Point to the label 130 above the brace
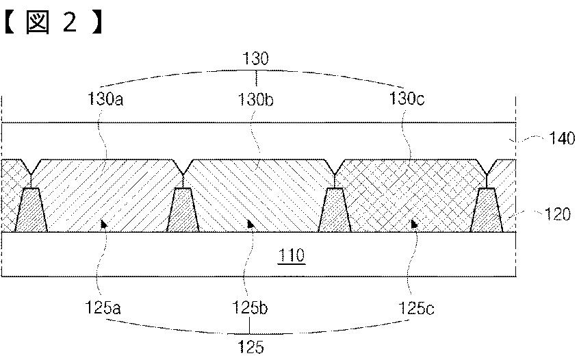tap(256, 60)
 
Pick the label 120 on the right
tap(558, 214)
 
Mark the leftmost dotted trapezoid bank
tap(31, 211)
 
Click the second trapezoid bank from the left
tap(183, 211)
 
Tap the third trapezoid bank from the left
tap(335, 211)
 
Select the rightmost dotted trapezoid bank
tap(487, 211)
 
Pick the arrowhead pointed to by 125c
tap(413, 223)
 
